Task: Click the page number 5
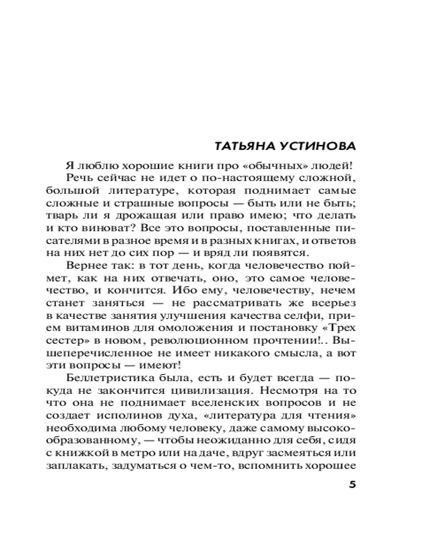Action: [352, 486]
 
